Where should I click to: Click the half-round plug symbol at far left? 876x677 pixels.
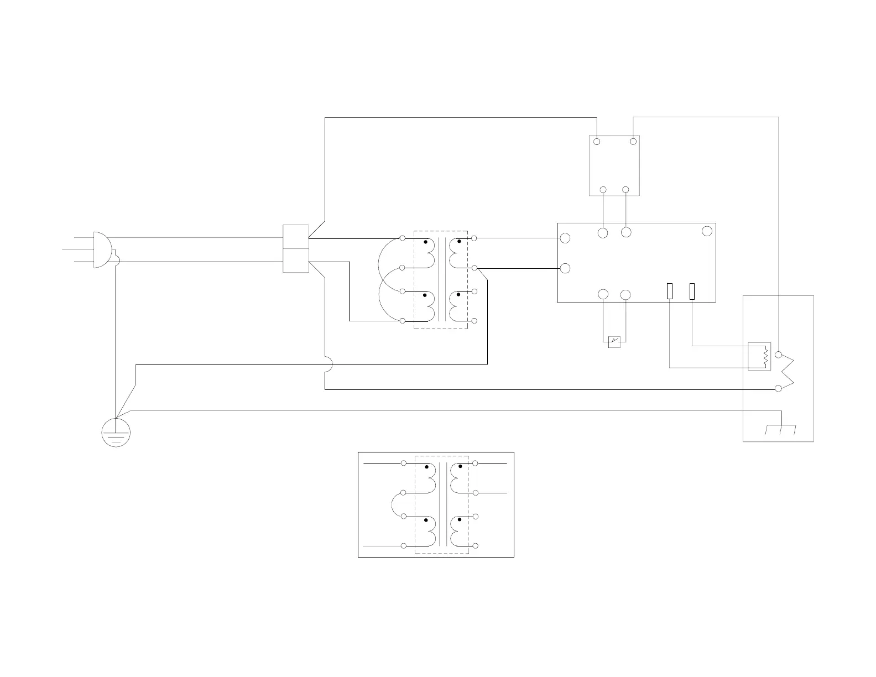(102, 249)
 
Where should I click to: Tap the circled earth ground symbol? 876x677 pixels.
(116, 433)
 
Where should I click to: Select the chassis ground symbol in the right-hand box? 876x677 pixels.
(780, 428)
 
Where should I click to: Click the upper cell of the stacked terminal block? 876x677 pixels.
(295, 237)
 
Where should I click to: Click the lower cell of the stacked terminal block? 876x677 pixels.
(295, 261)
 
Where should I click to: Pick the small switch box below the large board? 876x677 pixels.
(614, 342)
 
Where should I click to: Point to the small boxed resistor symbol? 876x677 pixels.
(759, 357)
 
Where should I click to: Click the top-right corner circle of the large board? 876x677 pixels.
(707, 231)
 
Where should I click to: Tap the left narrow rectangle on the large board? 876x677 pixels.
(669, 291)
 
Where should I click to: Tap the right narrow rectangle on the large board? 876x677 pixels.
(692, 291)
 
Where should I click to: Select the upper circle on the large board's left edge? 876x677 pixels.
(565, 238)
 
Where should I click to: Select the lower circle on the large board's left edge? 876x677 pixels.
(565, 268)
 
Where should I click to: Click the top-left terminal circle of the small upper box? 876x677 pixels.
(597, 142)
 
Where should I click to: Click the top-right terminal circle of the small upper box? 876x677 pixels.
(633, 142)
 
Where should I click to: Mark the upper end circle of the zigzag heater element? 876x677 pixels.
(779, 355)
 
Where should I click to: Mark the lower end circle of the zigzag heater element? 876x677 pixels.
(779, 389)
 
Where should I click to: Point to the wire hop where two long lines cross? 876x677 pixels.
(328, 364)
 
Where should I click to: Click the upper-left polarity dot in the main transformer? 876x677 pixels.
(425, 242)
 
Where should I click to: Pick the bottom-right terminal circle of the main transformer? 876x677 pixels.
(474, 321)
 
